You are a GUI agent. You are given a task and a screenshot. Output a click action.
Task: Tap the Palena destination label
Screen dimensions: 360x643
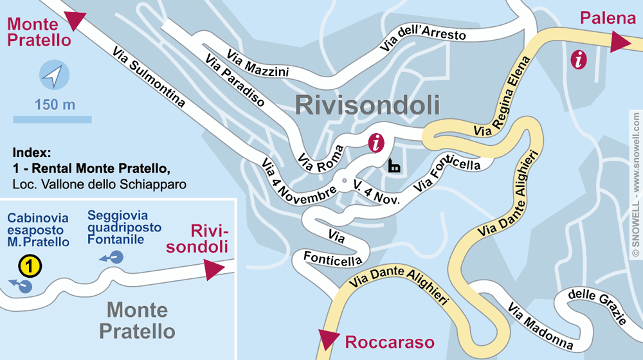click(x=608, y=18)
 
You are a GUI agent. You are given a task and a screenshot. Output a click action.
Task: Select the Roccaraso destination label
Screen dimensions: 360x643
click(x=390, y=342)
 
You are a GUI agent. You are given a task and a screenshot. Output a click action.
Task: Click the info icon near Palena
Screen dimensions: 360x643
click(x=579, y=60)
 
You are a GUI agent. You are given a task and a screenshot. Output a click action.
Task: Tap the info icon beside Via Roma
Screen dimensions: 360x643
click(x=376, y=143)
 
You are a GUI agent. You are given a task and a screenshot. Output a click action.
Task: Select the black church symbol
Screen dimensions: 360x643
click(x=394, y=166)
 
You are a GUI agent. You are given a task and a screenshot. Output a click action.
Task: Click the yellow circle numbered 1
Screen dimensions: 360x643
click(x=30, y=264)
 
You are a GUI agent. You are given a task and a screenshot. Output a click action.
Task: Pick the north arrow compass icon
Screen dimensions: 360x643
click(x=52, y=75)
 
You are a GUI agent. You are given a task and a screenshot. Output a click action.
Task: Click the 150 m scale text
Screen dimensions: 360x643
click(x=55, y=105)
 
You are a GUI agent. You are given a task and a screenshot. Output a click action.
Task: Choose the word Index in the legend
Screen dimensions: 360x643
click(x=31, y=153)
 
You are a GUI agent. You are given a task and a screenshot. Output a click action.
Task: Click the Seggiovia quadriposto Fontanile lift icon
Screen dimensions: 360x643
click(x=114, y=258)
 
